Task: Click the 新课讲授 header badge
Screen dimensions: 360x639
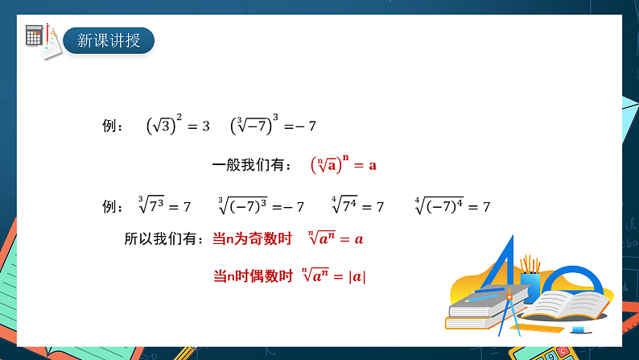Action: (108, 39)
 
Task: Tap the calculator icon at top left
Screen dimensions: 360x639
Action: (35, 35)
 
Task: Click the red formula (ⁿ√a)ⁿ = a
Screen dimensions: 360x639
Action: (343, 166)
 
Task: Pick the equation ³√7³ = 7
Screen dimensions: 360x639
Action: (164, 206)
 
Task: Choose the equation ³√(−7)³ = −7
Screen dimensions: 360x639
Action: (261, 206)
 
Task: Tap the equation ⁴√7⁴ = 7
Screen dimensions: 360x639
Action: (357, 206)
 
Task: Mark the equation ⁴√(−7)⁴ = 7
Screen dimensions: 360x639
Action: (452, 206)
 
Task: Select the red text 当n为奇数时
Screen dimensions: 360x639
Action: (251, 238)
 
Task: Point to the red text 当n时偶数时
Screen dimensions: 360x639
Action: (253, 275)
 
